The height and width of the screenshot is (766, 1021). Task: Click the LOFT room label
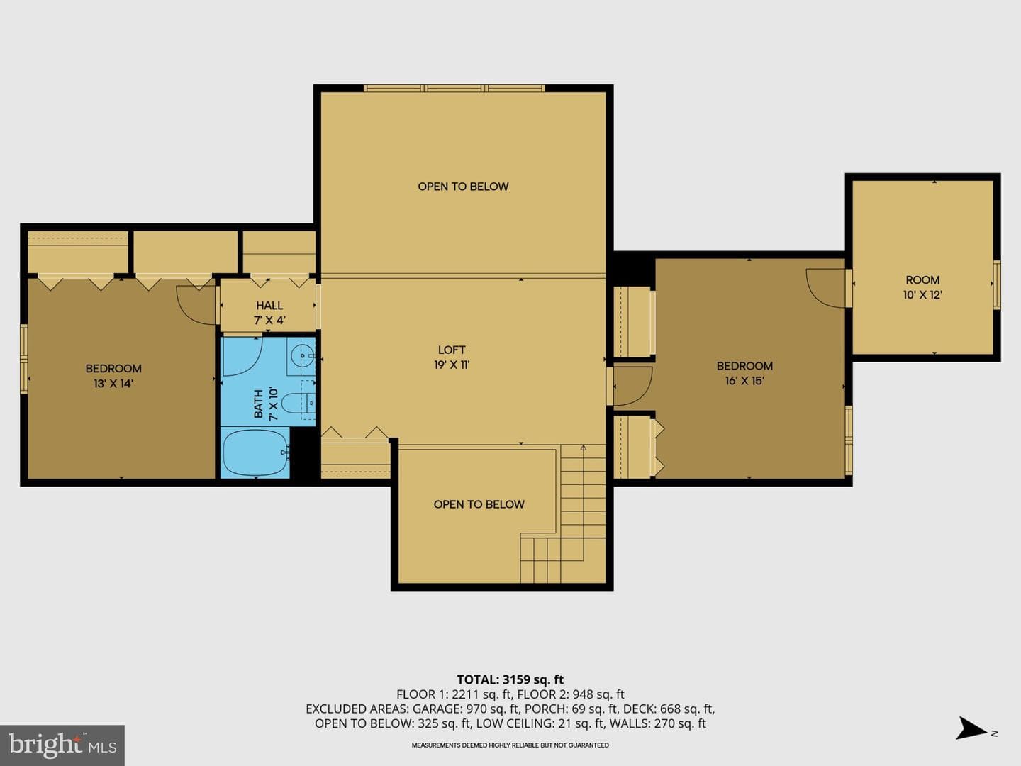(x=451, y=350)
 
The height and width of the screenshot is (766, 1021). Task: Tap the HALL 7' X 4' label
(x=269, y=313)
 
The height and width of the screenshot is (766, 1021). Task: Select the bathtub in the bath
(x=255, y=453)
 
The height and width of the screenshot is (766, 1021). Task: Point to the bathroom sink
(x=302, y=356)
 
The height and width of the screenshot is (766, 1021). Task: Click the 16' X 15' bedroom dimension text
(x=744, y=381)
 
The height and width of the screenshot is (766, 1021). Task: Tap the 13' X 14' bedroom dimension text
(x=113, y=384)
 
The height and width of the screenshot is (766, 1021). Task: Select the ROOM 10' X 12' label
(x=922, y=287)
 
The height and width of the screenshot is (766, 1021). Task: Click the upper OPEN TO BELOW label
(x=463, y=187)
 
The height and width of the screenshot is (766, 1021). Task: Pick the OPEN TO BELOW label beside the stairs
(x=479, y=504)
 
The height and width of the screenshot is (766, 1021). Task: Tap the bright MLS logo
(x=62, y=745)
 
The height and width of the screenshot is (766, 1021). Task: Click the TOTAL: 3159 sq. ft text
(x=510, y=679)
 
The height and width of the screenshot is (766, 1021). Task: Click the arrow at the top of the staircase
(x=583, y=448)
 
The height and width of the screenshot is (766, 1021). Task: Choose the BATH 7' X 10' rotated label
(x=266, y=404)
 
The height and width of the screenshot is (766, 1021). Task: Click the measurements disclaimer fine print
(x=510, y=745)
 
